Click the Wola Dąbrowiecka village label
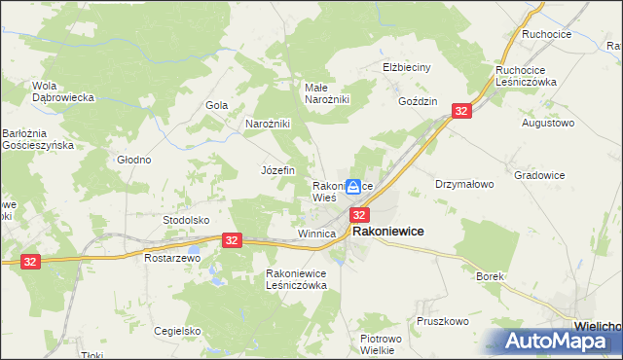tap(62, 91)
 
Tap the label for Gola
tap(216, 105)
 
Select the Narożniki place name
tap(268, 125)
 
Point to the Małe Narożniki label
tap(327, 92)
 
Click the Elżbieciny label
tap(405, 68)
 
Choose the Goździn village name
tap(418, 101)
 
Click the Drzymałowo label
tap(465, 183)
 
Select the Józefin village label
tap(277, 169)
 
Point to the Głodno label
tap(133, 160)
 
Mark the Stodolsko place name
tap(186, 220)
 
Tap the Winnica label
tap(316, 234)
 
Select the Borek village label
tap(490, 276)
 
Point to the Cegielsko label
tap(176, 331)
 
